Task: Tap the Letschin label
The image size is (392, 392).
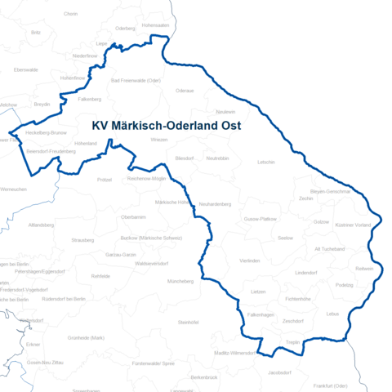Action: pos(265,162)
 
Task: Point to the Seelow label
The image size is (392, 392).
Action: pos(285,238)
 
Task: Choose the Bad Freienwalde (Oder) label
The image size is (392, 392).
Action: pos(135,81)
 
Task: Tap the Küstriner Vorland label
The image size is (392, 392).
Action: pos(354,225)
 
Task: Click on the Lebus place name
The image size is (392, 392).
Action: pos(332,313)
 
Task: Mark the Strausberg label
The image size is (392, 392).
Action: pos(82,240)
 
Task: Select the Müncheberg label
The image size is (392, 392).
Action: pos(180,281)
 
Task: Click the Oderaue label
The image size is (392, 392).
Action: pos(185,91)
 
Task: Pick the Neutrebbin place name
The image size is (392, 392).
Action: pos(217,158)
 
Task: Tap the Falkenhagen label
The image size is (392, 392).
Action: pos(261,314)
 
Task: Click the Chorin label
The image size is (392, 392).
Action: pos(70,14)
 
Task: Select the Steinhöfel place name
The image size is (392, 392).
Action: pos(189,323)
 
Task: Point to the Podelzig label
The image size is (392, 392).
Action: pos(344,284)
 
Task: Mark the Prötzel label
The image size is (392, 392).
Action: pos(104,179)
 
